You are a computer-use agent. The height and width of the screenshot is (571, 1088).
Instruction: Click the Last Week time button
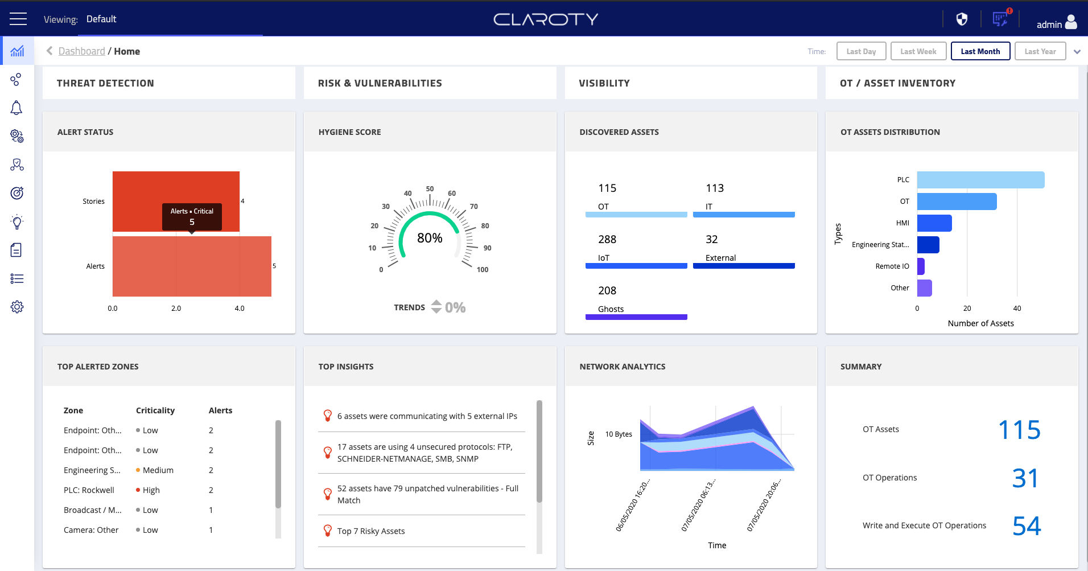[x=918, y=51]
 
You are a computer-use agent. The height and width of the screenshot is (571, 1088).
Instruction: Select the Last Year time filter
[x=1040, y=51]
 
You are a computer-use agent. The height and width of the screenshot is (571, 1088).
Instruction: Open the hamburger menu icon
[x=18, y=19]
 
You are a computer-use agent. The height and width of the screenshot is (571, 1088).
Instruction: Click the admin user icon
[x=1070, y=22]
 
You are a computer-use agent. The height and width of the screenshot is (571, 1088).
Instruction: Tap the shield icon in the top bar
[x=962, y=19]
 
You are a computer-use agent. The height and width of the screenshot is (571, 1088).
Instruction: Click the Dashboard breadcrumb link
[x=81, y=51]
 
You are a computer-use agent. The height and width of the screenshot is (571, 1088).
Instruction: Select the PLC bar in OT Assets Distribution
[x=980, y=180]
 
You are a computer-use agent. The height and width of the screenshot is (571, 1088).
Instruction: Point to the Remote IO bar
[x=921, y=266]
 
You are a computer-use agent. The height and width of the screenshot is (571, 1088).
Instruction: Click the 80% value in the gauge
[x=430, y=238]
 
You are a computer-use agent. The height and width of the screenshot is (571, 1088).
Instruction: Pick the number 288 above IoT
[x=607, y=239]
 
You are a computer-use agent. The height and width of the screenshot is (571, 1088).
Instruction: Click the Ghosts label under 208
[x=611, y=309]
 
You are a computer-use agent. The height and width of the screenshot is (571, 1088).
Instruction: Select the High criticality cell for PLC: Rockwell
[x=151, y=490]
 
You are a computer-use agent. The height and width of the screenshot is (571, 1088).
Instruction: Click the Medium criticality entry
[x=158, y=470]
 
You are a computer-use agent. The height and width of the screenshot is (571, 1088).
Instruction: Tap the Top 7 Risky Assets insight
[x=371, y=531]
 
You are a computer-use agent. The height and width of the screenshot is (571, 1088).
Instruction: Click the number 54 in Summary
[x=1026, y=526]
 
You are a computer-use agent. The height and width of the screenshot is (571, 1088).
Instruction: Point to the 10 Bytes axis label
[x=619, y=434]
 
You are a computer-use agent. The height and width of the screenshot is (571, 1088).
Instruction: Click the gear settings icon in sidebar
[x=17, y=307]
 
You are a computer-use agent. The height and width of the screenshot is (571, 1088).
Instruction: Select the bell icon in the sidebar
[x=17, y=108]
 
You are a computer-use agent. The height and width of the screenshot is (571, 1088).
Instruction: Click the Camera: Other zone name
[x=91, y=530]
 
